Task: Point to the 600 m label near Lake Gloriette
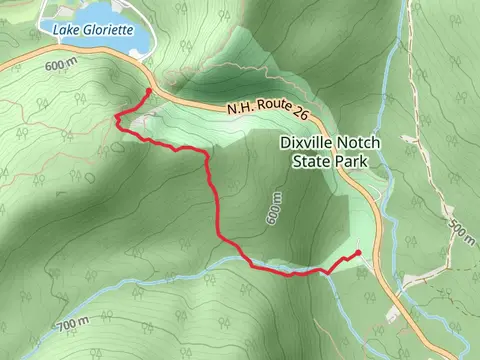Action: [62, 63]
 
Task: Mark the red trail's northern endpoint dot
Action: [149, 91]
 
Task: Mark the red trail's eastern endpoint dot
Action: [358, 252]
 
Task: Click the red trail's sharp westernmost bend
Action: [117, 119]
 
